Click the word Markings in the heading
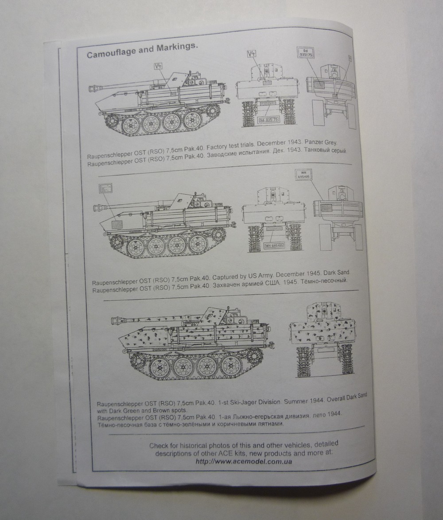coord(175,49)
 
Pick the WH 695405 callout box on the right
coord(303,174)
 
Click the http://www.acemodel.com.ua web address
coord(243,461)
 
